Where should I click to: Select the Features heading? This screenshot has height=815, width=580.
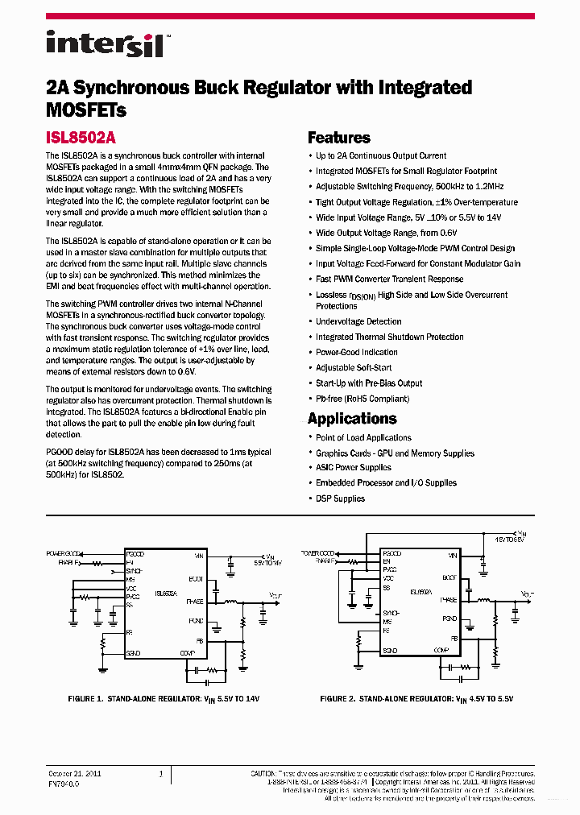(338, 138)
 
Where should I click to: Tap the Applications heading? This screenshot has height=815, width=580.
(352, 419)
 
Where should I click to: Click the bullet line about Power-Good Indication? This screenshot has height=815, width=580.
(356, 353)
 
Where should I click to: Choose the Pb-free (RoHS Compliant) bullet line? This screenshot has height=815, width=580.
(362, 399)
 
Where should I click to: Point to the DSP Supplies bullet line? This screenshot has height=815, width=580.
(340, 499)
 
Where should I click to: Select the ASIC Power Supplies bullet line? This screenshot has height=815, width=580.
(353, 468)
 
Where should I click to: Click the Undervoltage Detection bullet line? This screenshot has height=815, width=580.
(358, 321)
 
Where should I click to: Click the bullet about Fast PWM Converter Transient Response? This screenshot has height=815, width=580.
(389, 279)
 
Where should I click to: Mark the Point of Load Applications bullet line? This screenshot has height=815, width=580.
(363, 437)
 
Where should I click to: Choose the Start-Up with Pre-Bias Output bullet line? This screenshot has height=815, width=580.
(369, 383)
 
